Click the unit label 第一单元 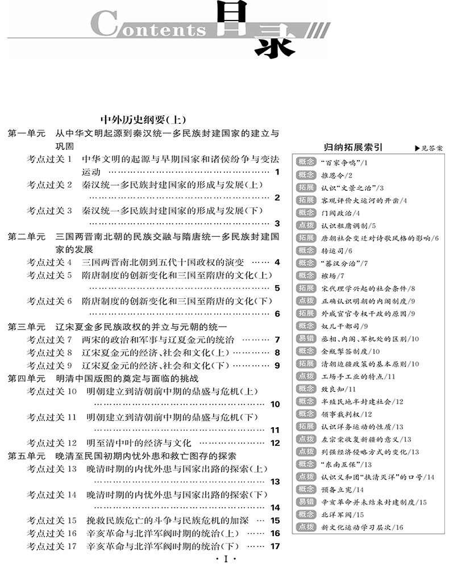(x=26, y=134)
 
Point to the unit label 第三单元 (x=26, y=327)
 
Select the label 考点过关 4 (x=49, y=262)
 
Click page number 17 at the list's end (x=276, y=547)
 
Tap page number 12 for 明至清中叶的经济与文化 (x=276, y=443)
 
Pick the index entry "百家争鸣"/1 (x=345, y=163)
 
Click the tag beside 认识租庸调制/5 (x=306, y=225)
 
